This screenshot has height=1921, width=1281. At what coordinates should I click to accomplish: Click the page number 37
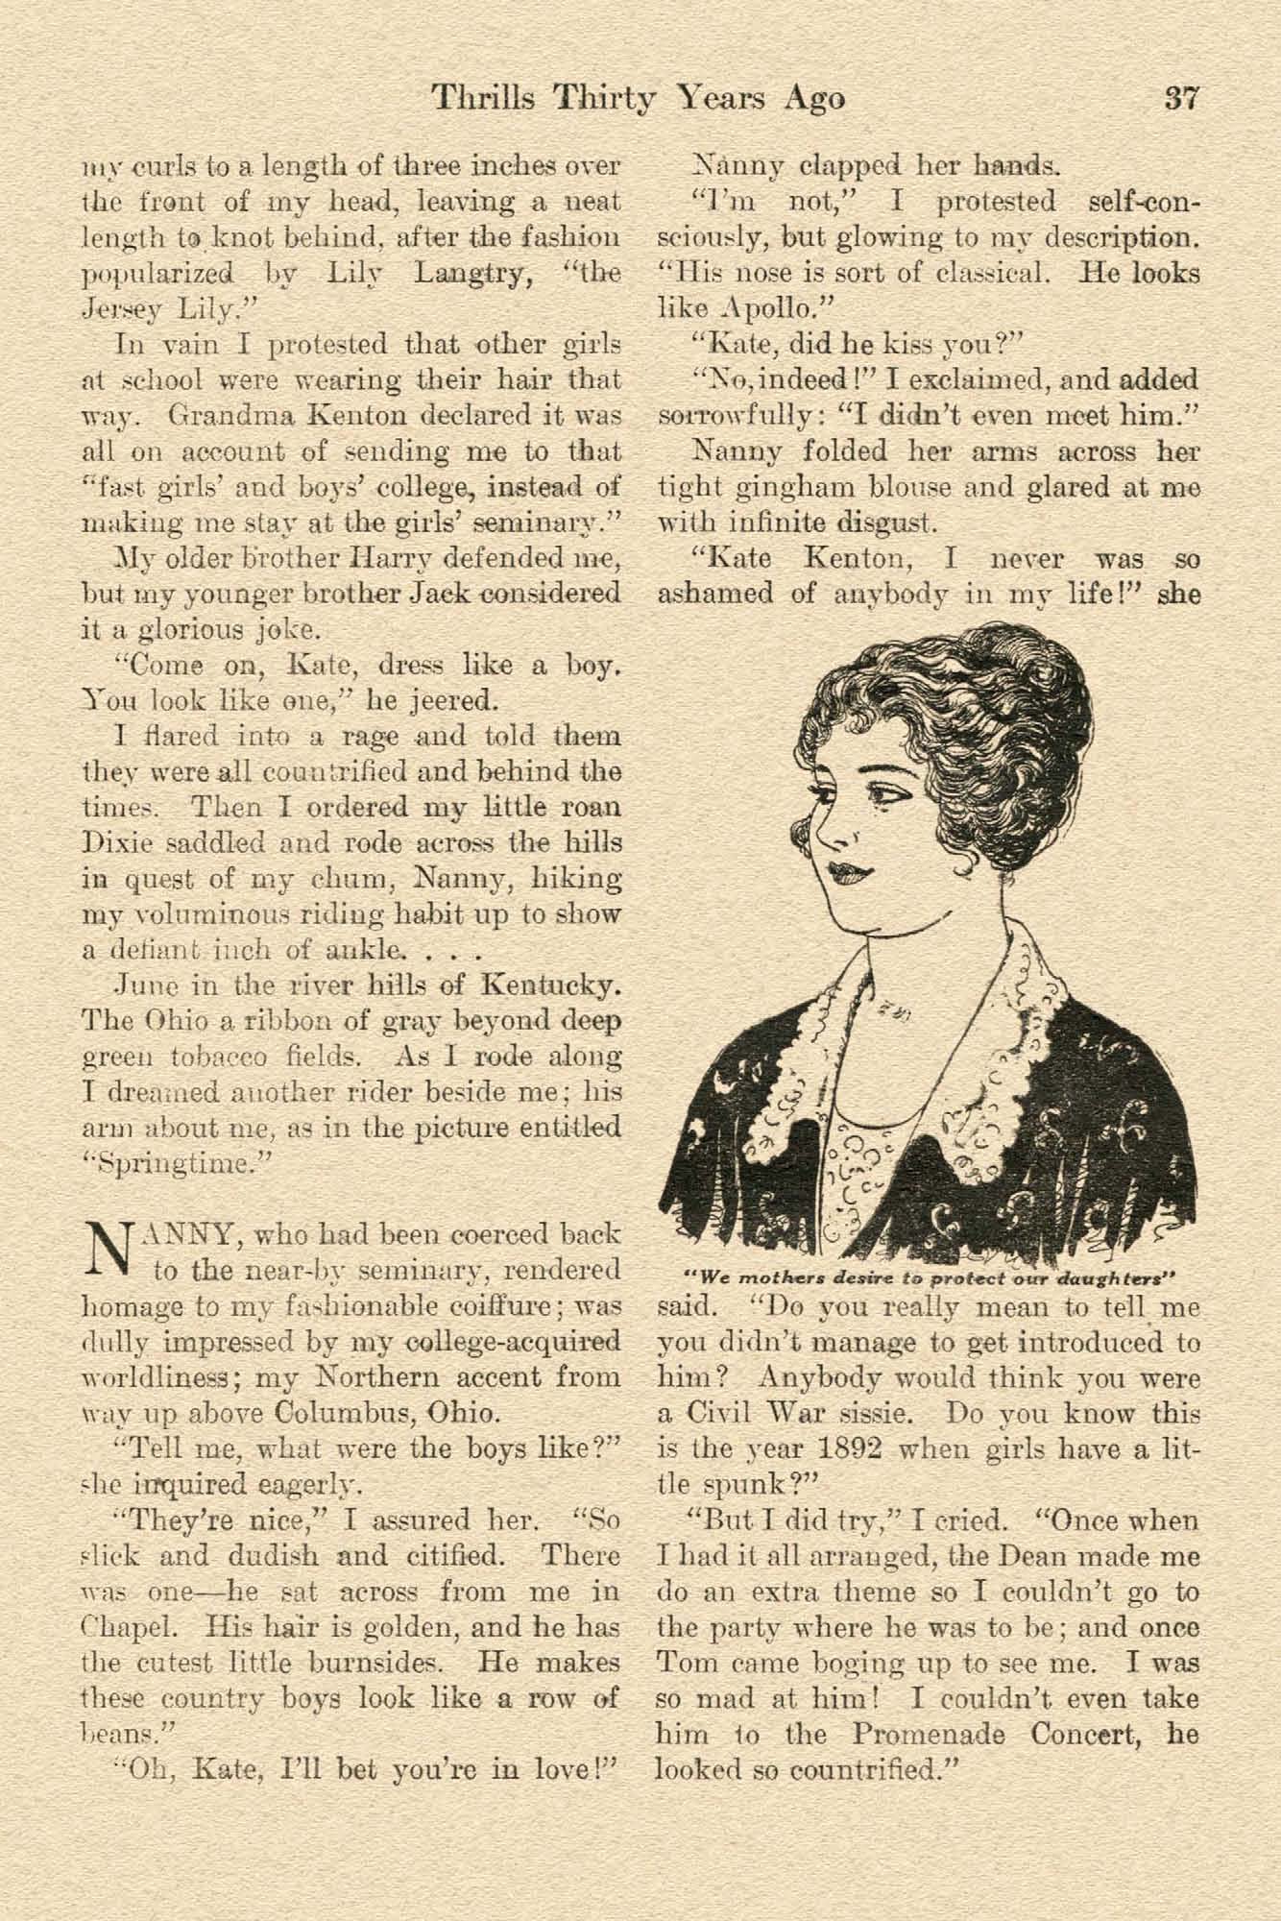tap(1180, 98)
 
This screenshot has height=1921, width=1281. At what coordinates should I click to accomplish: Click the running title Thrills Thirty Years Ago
tap(638, 98)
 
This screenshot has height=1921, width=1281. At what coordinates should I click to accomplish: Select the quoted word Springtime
tap(176, 1163)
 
